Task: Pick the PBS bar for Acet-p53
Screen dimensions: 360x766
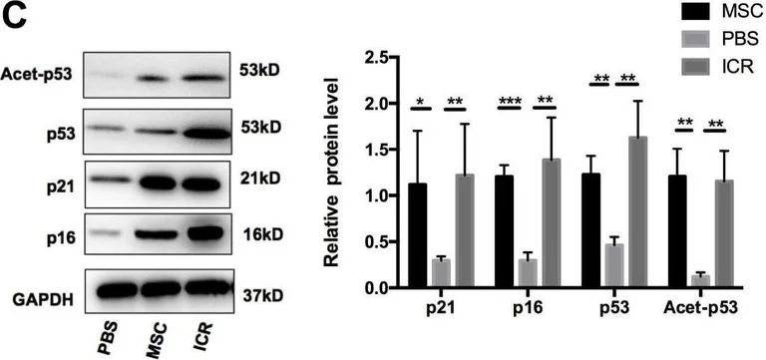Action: pos(700,281)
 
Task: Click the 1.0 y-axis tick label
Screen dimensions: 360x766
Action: pos(374,196)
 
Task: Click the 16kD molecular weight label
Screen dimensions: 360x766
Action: pos(261,236)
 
